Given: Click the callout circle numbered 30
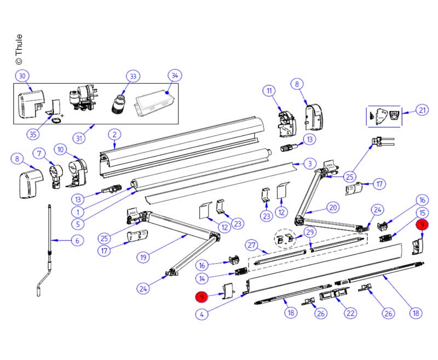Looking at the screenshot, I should [x=22, y=76].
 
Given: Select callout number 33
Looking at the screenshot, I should [x=132, y=76].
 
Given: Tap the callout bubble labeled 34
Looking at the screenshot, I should [x=174, y=76].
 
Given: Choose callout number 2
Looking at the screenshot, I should [x=114, y=134].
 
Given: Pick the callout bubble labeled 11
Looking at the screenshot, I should [x=269, y=90].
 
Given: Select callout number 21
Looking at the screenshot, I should [x=422, y=110].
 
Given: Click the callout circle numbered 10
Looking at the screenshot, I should [x=61, y=149].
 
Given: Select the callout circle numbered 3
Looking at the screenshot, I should [x=309, y=163].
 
